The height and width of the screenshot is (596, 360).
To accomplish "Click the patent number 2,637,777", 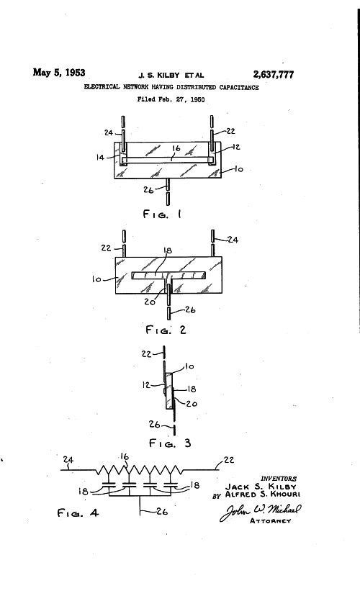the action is (x=274, y=75).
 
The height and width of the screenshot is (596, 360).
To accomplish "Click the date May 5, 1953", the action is (x=59, y=72).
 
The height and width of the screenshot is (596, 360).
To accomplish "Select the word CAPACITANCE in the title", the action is (x=239, y=87).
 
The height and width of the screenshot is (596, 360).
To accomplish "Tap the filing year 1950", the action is (x=197, y=99).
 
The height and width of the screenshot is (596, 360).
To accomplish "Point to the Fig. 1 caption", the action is (x=162, y=214).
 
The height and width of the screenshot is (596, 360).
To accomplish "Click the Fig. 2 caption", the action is (x=166, y=330).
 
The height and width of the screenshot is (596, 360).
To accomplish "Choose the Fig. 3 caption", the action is (x=170, y=443).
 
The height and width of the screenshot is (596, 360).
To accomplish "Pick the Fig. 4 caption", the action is (x=78, y=513).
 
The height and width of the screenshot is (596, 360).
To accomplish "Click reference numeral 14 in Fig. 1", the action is (x=100, y=157).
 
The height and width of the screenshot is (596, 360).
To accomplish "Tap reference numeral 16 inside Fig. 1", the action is (x=176, y=148).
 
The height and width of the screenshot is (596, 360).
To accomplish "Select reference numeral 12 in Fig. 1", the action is (x=236, y=147).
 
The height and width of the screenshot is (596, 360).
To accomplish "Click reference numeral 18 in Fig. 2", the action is (x=168, y=250).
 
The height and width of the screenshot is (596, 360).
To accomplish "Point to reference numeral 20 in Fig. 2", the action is (x=149, y=302).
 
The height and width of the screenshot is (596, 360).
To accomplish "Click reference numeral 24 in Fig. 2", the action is (x=233, y=240).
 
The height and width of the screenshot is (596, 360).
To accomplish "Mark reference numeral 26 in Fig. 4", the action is (x=162, y=512).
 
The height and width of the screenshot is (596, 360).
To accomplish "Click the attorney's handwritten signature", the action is (x=261, y=512).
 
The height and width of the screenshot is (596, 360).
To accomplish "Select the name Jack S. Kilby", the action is (x=261, y=487).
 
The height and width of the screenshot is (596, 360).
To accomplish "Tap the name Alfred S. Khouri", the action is (x=263, y=495).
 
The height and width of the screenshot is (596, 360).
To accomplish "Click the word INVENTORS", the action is (x=279, y=479).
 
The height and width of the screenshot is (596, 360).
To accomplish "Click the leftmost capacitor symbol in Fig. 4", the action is (x=109, y=485).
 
